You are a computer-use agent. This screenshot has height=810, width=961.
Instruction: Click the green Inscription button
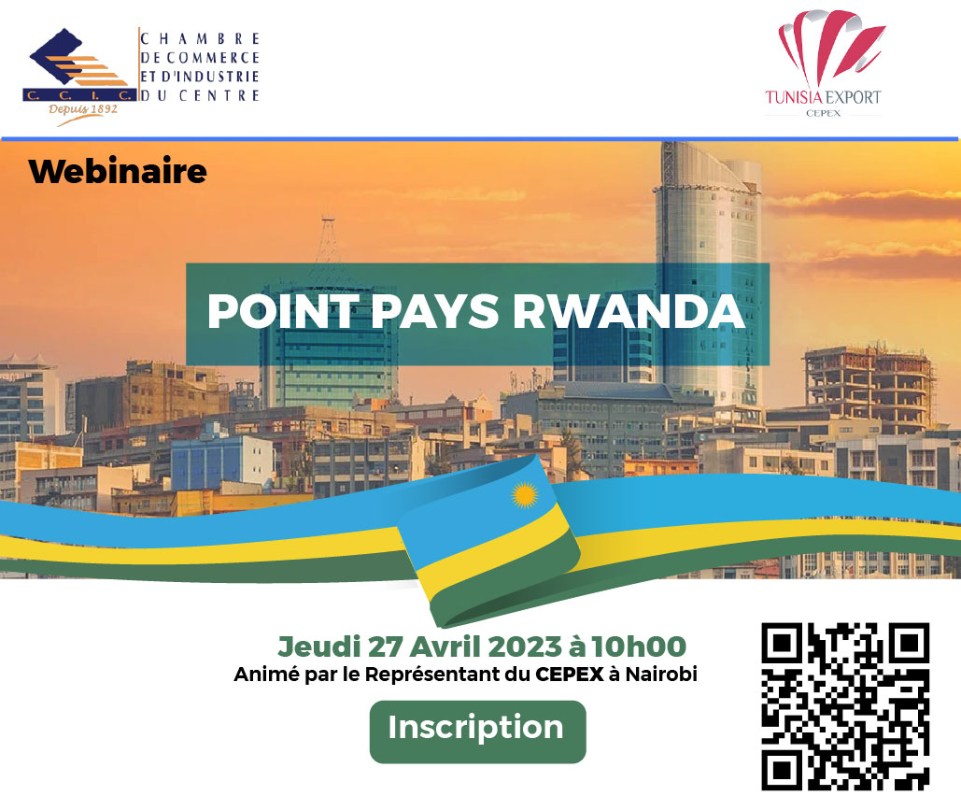coord(477,732)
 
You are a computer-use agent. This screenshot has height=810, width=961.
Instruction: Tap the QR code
coord(845,706)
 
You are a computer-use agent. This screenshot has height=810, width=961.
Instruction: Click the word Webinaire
coord(118,171)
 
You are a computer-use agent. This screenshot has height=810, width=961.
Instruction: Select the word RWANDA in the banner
coord(629,311)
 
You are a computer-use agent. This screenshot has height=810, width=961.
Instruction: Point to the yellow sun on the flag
coord(525,495)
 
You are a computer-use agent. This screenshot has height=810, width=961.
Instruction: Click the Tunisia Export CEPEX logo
coord(823,64)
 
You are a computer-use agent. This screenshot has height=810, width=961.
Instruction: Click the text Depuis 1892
coord(83,109)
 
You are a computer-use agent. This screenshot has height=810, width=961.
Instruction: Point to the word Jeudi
coord(318,647)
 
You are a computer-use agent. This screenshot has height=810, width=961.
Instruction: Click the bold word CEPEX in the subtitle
coord(570,674)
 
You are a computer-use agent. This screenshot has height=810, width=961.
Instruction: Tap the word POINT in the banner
coord(283,311)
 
